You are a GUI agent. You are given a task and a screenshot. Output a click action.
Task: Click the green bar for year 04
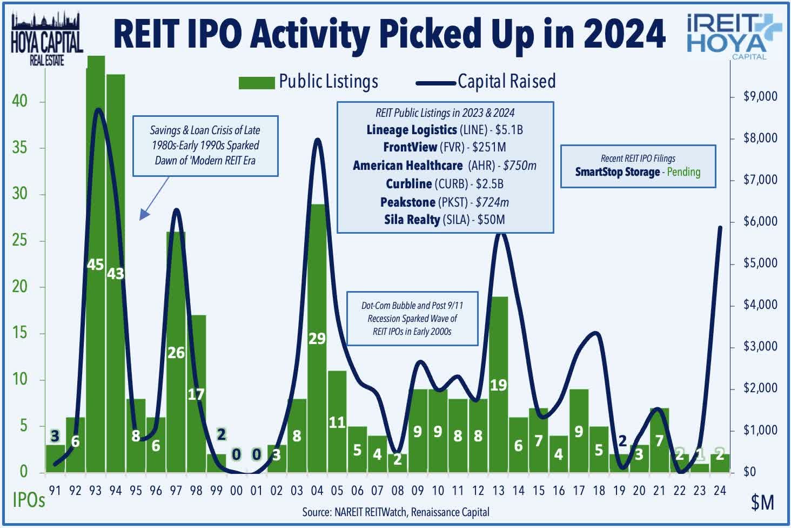[x=317, y=379]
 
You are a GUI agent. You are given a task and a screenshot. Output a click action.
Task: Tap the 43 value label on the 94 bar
[x=115, y=274]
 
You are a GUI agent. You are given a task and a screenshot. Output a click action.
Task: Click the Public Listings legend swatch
[x=257, y=83]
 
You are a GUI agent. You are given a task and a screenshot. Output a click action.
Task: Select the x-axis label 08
[x=397, y=491]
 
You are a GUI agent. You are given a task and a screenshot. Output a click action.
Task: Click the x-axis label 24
[x=719, y=491]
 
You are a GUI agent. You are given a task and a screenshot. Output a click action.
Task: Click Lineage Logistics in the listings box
[x=411, y=130]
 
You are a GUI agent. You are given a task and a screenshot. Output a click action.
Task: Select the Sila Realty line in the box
[x=444, y=220]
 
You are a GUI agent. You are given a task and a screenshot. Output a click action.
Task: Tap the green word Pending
[x=683, y=172]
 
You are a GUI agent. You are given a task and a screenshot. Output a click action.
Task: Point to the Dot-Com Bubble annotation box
[x=412, y=318]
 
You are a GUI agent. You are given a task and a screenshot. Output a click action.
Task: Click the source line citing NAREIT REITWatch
[x=395, y=512]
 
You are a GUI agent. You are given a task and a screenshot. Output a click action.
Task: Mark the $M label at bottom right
[x=762, y=503]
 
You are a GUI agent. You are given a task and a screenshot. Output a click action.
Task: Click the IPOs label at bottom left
[x=29, y=500]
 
